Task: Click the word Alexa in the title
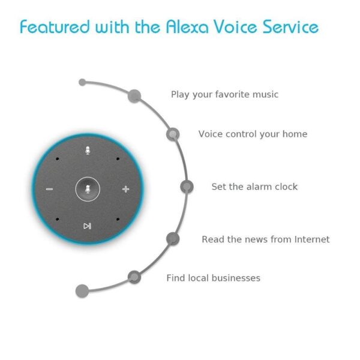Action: (187, 26)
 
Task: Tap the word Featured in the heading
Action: (55, 26)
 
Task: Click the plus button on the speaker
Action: (126, 189)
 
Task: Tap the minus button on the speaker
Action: (50, 189)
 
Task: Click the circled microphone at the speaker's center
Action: (88, 189)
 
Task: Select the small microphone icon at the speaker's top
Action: (88, 151)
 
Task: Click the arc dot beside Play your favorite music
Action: (134, 96)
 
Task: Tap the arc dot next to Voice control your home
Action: (173, 134)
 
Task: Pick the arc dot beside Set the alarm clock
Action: (187, 187)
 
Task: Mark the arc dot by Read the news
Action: (173, 239)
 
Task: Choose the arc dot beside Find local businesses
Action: (134, 277)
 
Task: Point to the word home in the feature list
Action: (295, 134)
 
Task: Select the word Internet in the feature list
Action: (312, 239)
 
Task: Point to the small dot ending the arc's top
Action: (82, 82)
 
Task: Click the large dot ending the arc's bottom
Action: (82, 291)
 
